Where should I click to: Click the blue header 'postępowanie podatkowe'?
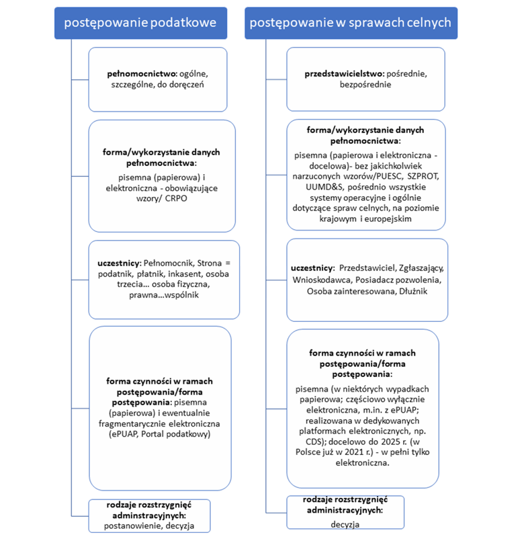[140, 23]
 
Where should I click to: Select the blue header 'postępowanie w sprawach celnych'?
[350, 23]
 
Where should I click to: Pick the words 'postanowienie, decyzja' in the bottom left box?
[150, 525]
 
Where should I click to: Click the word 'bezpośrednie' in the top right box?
[365, 85]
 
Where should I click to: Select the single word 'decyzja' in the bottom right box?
[346, 523]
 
